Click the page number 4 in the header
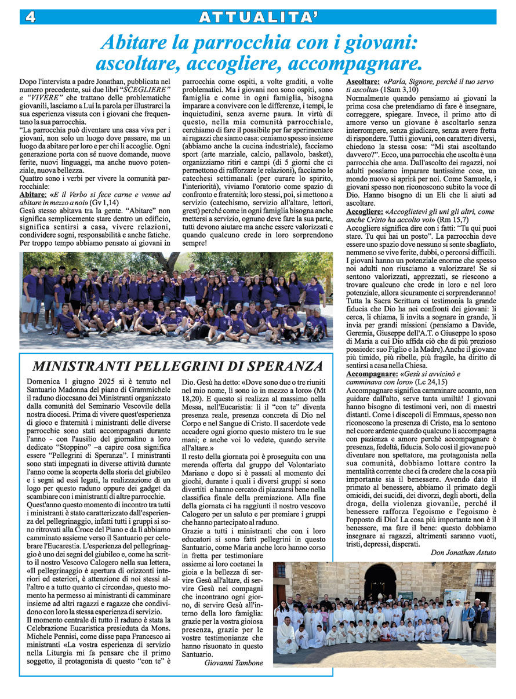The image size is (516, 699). pos(30,17)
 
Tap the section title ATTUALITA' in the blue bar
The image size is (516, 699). pos(258,17)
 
